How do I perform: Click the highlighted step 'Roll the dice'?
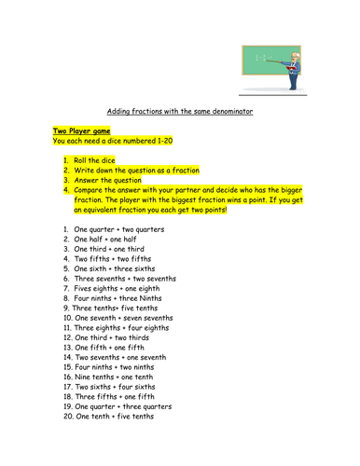click(99, 161)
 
